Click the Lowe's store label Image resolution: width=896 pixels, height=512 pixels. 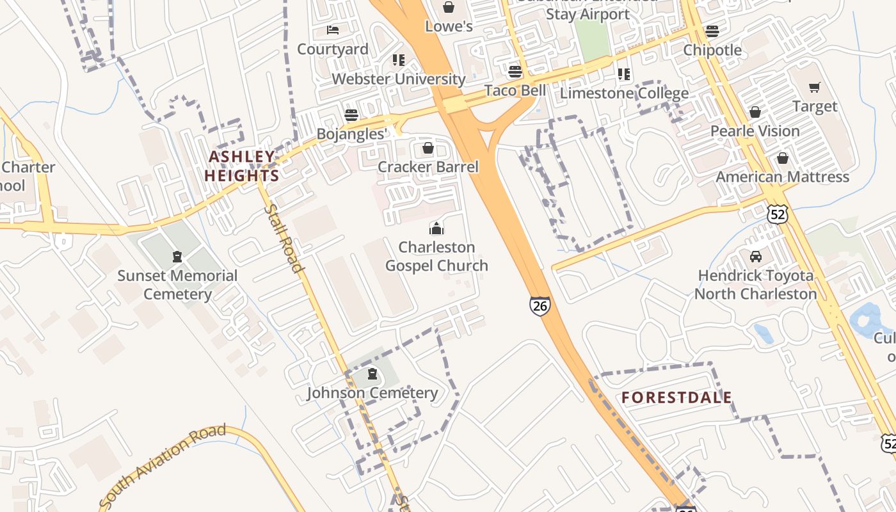click(449, 26)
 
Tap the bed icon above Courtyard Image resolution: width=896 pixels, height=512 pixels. click(333, 29)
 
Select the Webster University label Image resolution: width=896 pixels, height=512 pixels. click(398, 79)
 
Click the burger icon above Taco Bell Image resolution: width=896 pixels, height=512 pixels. click(515, 70)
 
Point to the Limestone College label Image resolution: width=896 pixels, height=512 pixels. click(624, 93)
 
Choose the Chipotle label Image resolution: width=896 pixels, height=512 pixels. click(712, 50)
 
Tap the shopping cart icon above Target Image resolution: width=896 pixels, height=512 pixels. click(815, 87)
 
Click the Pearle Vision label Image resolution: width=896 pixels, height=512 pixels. click(755, 131)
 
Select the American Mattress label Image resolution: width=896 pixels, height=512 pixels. click(782, 177)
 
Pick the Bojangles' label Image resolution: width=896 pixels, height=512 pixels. click(352, 134)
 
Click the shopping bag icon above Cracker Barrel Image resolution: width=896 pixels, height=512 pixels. click(428, 148)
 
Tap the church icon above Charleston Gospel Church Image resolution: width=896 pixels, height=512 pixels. click(436, 228)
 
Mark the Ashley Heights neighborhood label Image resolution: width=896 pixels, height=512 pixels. click(242, 166)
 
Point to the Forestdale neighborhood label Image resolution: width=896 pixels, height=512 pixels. click(676, 397)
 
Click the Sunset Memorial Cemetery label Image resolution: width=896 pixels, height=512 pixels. click(177, 285)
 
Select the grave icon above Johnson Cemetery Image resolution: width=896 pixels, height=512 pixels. click(372, 374)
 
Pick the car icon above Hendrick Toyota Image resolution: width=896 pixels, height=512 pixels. click(756, 257)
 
